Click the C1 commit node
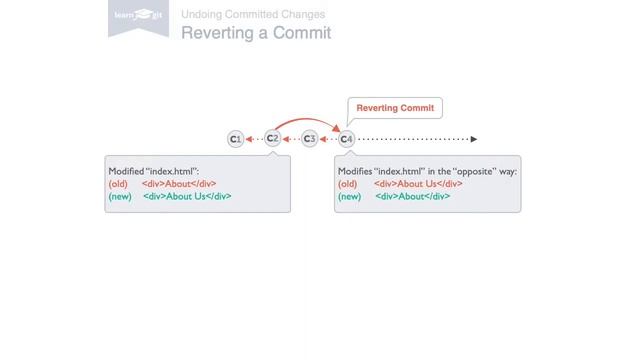235,139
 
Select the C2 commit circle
272,138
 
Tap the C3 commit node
309,139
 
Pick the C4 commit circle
346,139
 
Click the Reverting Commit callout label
395,108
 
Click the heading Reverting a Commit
255,33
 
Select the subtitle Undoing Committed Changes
253,15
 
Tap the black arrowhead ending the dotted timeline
474,139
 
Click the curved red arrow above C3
309,121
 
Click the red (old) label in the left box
118,184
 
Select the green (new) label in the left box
120,196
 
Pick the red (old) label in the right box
347,184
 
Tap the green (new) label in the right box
349,196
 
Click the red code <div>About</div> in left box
179,184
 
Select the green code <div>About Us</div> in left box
187,196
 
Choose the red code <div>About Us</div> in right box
418,184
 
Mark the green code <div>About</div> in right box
412,196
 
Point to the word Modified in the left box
126,171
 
